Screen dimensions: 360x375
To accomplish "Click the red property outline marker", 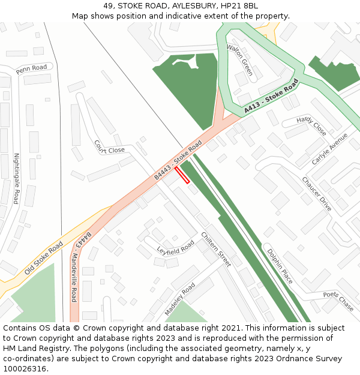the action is coord(182,175).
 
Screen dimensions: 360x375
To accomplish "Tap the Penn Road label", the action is coord(31,68).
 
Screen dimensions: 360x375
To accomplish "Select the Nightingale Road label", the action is coord(18,179).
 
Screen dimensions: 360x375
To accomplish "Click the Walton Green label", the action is coord(239,59).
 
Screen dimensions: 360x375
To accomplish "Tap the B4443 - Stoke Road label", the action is coord(178,160).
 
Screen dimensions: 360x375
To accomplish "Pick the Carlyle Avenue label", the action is coord(329,149).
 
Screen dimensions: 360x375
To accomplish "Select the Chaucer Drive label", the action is coord(317,194).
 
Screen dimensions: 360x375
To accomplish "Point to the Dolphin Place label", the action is coord(280,266).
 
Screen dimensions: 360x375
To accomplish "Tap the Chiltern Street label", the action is coord(216,249).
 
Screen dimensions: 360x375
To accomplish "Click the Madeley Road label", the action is coord(180,299).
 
